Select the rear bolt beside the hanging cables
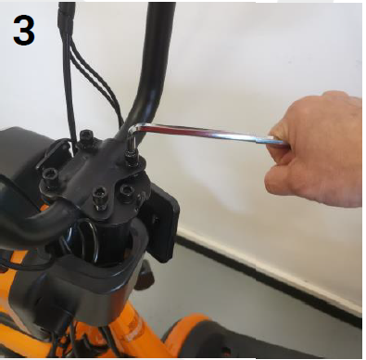pos(85,138)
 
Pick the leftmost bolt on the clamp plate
pos(51,174)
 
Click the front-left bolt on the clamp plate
pos(98,196)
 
